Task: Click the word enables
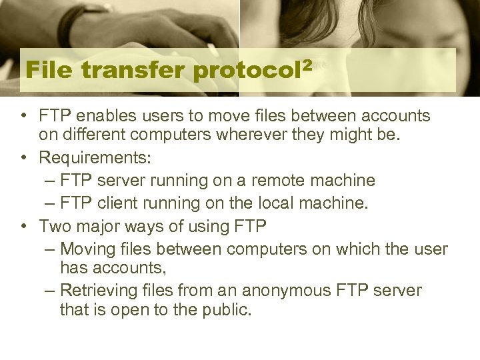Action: (93, 117)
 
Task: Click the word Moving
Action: (84, 249)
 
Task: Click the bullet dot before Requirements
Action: (24, 158)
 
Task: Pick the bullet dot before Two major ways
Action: (24, 226)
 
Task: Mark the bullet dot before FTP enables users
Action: (24, 117)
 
